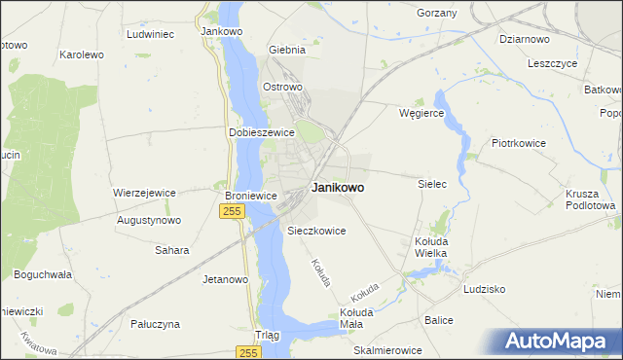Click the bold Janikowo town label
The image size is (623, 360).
tap(339, 189)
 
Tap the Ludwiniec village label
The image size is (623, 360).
tap(150, 34)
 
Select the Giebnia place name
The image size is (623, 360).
tap(287, 50)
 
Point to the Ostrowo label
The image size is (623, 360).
tap(283, 87)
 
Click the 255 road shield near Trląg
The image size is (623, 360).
tap(247, 353)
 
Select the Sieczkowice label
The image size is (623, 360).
tap(317, 232)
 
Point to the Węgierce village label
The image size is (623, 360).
tap(421, 113)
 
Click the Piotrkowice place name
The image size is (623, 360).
tap(519, 143)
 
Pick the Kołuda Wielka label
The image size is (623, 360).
tap(430, 247)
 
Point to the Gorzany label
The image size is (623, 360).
tap(436, 12)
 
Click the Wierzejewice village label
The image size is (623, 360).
tap(144, 193)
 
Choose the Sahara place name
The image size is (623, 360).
tap(172, 250)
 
